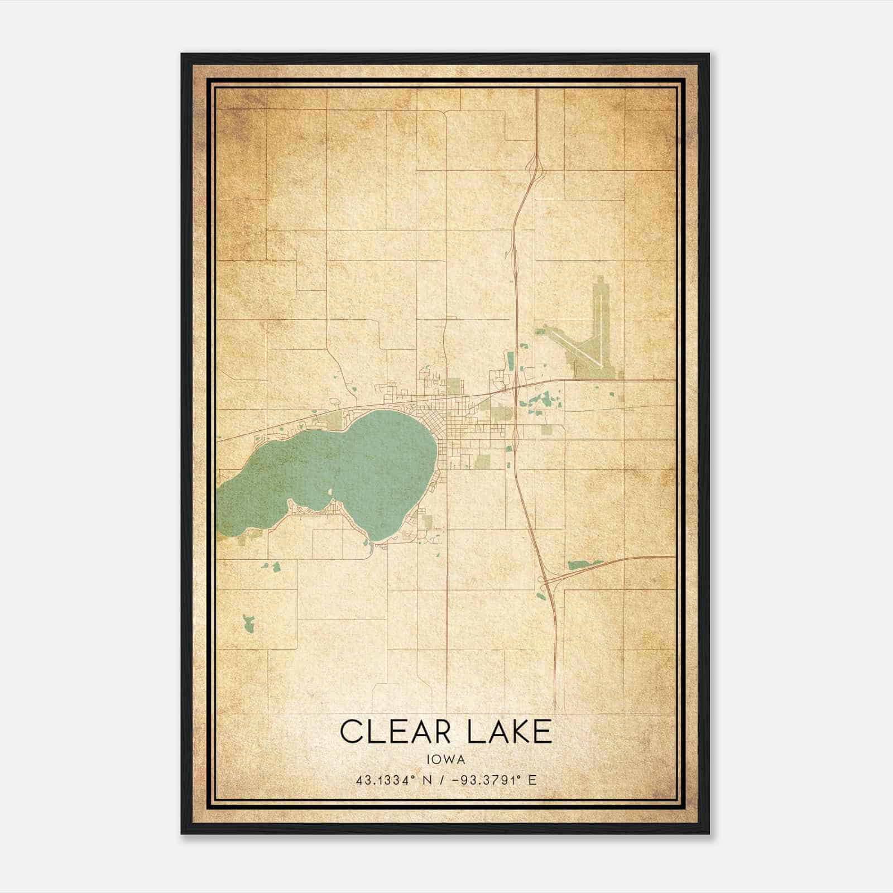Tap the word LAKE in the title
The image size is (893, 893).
509,732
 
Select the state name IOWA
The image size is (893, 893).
446,759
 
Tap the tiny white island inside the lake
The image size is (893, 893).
330,492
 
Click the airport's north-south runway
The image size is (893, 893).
598,329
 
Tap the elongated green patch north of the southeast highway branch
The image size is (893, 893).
584,564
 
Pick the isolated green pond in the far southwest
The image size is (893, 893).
248,623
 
